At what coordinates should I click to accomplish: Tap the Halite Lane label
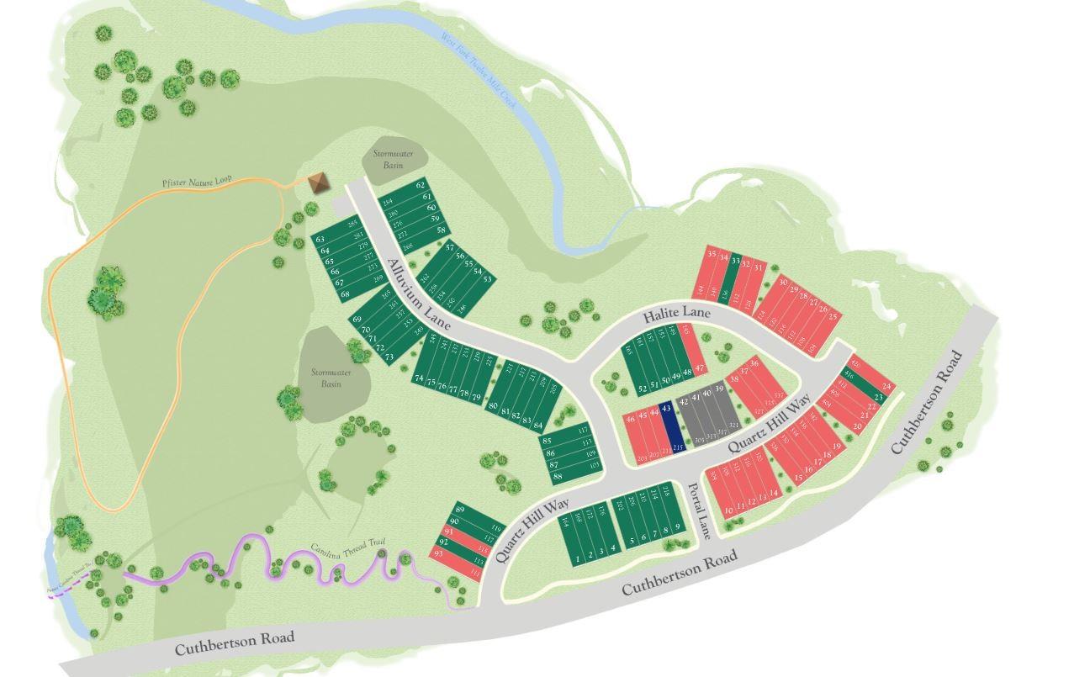[676, 315]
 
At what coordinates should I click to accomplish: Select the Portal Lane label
[699, 510]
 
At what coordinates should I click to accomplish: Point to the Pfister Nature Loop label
[197, 182]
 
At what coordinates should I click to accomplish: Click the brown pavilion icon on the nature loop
[318, 182]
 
